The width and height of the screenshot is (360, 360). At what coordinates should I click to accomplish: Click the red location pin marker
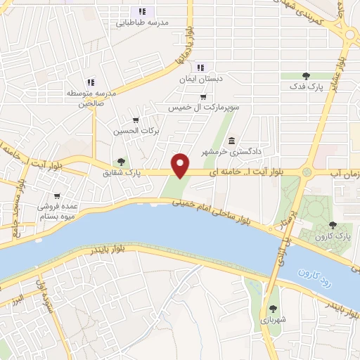click(181, 165)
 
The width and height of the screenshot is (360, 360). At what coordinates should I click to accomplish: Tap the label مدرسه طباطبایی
click(143, 22)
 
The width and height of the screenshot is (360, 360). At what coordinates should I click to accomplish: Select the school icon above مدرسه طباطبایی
click(142, 11)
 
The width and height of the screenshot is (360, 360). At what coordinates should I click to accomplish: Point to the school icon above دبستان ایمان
click(200, 68)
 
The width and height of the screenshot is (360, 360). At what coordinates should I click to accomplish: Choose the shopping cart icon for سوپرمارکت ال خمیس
click(203, 97)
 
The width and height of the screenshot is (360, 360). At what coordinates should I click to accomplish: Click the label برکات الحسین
click(136, 131)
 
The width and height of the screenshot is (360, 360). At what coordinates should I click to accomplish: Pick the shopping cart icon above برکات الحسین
click(136, 120)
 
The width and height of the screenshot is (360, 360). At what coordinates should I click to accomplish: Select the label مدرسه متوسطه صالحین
click(90, 98)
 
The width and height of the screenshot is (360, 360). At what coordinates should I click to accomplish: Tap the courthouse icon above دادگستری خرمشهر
click(231, 140)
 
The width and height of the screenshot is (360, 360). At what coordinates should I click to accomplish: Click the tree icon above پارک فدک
click(305, 75)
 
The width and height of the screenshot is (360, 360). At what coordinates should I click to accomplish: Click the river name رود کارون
click(313, 278)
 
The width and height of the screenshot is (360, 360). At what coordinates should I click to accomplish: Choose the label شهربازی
click(272, 320)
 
